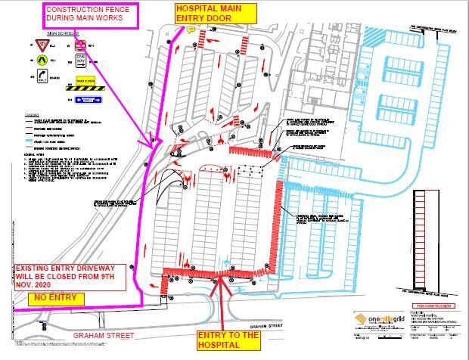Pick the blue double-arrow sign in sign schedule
pos(89,98)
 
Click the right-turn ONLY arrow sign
pos(43,76)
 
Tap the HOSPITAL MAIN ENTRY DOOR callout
pos(210,13)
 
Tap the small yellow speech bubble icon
pos(191,30)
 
